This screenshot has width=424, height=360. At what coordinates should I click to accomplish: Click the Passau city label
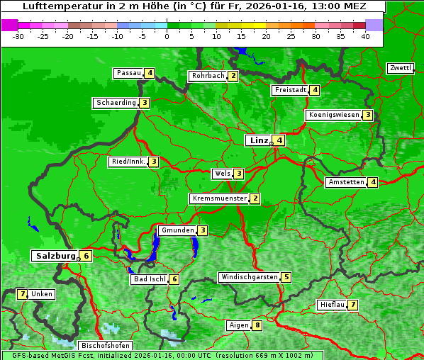(x=129, y=73)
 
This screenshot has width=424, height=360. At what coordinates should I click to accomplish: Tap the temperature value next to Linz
(x=280, y=140)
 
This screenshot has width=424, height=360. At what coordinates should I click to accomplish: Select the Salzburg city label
(x=55, y=256)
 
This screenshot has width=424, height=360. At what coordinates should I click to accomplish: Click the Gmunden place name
(x=177, y=230)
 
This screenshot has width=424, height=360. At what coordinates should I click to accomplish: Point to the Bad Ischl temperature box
(x=174, y=279)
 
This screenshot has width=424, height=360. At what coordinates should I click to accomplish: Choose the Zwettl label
(x=400, y=68)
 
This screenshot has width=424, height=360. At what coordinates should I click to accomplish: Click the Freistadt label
(x=290, y=90)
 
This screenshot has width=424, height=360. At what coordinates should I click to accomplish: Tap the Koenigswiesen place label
(x=333, y=115)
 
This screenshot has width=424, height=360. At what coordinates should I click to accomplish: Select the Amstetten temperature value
(x=373, y=182)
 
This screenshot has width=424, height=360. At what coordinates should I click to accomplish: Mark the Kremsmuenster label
(x=219, y=198)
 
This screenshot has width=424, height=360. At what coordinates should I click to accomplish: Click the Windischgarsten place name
(x=248, y=277)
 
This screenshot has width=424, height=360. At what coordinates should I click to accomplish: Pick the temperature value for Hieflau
(x=352, y=305)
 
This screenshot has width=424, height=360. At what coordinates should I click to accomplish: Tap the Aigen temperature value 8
(x=257, y=325)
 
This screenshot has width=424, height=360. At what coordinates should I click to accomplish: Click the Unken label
(x=42, y=294)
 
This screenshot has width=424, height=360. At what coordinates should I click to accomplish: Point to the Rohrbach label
(x=208, y=76)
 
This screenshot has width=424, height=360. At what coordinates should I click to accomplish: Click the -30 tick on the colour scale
(x=19, y=35)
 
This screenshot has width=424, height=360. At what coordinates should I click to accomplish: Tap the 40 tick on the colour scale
(x=364, y=35)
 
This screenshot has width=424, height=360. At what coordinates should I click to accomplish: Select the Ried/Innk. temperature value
(x=153, y=162)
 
